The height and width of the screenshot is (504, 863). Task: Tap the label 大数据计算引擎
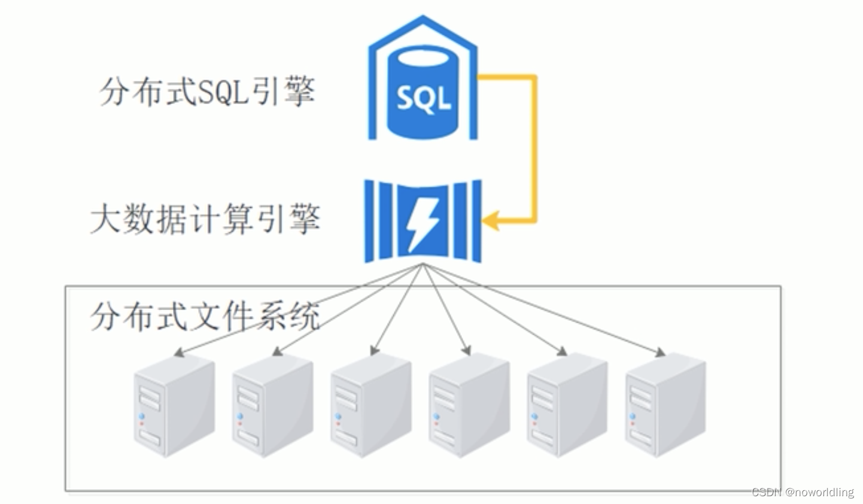205,220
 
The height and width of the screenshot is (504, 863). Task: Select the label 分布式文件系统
205,316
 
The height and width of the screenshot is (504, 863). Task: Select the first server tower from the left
174,405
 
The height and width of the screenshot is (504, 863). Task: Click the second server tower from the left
272,405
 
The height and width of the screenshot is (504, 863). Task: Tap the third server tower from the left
371,405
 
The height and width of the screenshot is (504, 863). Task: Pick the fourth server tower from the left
469,405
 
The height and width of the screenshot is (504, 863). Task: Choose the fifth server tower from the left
567,405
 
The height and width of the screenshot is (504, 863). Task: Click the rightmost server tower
666,405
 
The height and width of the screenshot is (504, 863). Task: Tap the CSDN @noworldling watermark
803,492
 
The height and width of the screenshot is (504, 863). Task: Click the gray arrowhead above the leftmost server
178,353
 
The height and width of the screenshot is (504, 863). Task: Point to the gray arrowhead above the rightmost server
660,353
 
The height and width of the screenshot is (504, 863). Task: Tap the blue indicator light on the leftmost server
142,416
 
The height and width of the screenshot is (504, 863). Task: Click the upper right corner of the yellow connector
534,77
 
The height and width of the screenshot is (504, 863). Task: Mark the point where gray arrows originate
423,265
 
